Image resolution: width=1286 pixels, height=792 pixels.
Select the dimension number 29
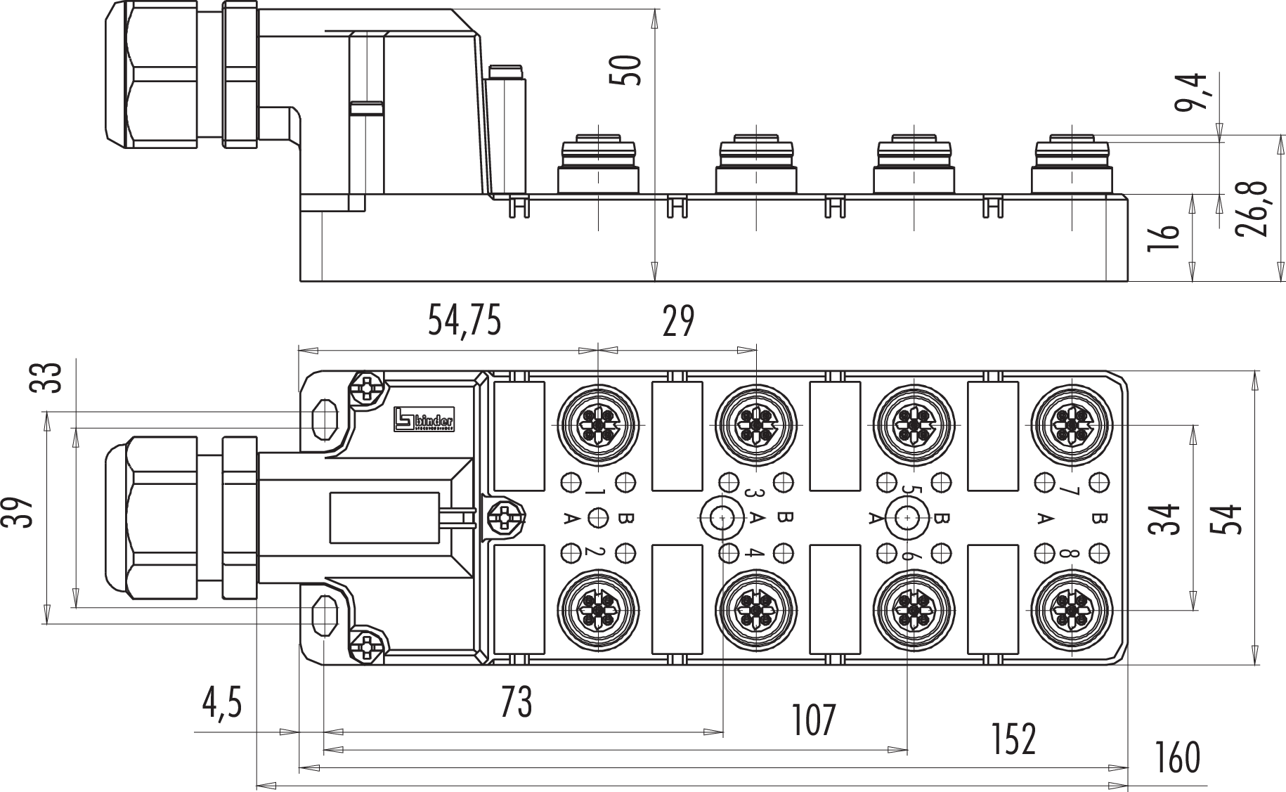point(678,321)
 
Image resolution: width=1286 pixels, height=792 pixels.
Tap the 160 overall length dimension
point(1177,758)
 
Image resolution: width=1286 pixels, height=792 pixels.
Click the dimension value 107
point(814,720)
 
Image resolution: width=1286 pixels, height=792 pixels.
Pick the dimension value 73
point(517,701)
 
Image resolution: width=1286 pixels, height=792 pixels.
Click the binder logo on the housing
point(423,418)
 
